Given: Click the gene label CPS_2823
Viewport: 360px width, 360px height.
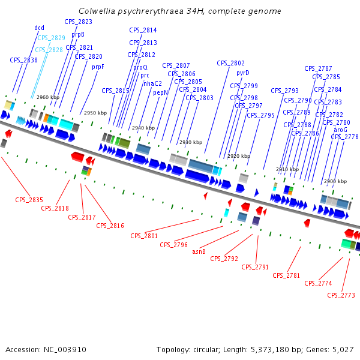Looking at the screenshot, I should coord(78,22).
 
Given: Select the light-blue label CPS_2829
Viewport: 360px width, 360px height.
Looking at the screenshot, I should coord(51,38).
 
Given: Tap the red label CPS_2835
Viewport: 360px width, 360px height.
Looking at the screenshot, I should coord(29,200).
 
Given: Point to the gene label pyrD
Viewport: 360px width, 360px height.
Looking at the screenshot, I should coord(242,73).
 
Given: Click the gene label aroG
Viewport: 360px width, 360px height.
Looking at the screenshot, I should coord(340,130).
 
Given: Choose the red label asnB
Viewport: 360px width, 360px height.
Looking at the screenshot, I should coord(199,252).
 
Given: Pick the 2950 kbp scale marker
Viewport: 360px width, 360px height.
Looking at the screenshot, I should coord(95,113).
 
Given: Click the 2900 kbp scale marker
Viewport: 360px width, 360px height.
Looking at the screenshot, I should coord(335,181).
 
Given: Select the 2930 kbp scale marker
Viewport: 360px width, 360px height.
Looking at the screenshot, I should coord(190,143).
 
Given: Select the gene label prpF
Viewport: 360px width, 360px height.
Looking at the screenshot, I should coord(98,67).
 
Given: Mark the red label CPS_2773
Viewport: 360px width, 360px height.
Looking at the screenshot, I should coord(341,295).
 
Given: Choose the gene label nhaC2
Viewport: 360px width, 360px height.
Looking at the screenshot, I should coord(152,83).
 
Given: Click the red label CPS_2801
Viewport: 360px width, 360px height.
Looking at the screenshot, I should coord(144,236).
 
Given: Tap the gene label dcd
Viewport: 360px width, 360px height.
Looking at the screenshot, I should coord(39,28).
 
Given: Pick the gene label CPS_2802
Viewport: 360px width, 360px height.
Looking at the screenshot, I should coord(230,63).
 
